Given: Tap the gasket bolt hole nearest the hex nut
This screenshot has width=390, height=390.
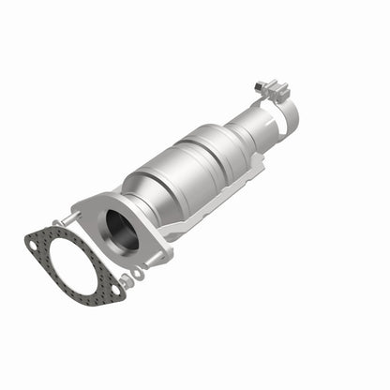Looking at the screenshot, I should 116,290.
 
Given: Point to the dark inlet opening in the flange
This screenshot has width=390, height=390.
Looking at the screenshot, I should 121,229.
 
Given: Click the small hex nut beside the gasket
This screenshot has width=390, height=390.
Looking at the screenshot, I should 126,281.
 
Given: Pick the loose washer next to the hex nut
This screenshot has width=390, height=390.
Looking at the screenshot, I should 138,273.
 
